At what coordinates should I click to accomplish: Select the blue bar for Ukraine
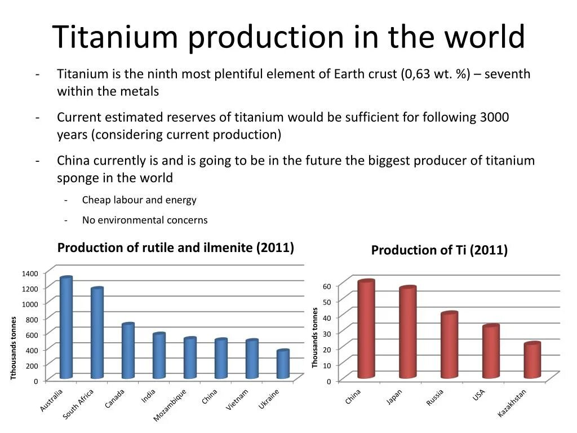pyautogui.click(x=283, y=365)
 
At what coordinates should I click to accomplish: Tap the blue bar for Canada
pyautogui.click(x=128, y=351)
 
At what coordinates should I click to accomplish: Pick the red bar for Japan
pyautogui.click(x=407, y=333)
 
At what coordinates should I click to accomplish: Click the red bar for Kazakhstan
pyautogui.click(x=531, y=360)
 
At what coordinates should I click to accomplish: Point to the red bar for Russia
pyautogui.click(x=449, y=345)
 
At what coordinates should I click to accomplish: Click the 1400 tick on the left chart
pyautogui.click(x=30, y=273)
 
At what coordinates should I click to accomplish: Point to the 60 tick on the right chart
pyautogui.click(x=327, y=286)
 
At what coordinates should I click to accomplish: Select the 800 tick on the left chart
pyautogui.click(x=31, y=320)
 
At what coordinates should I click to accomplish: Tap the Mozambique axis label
pyautogui.click(x=170, y=405)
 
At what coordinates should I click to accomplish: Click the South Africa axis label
pyautogui.click(x=78, y=404)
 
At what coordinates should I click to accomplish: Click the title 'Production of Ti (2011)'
pyautogui.click(x=439, y=250)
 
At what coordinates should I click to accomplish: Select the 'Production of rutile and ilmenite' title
pyautogui.click(x=176, y=248)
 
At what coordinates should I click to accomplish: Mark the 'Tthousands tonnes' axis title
pyautogui.click(x=14, y=348)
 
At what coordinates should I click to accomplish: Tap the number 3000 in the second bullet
pyautogui.click(x=494, y=117)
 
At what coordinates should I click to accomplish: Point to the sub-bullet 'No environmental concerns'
pyautogui.click(x=145, y=220)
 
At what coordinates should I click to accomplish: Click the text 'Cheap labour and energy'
pyautogui.click(x=139, y=200)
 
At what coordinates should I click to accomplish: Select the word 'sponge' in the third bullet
pyautogui.click(x=76, y=178)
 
